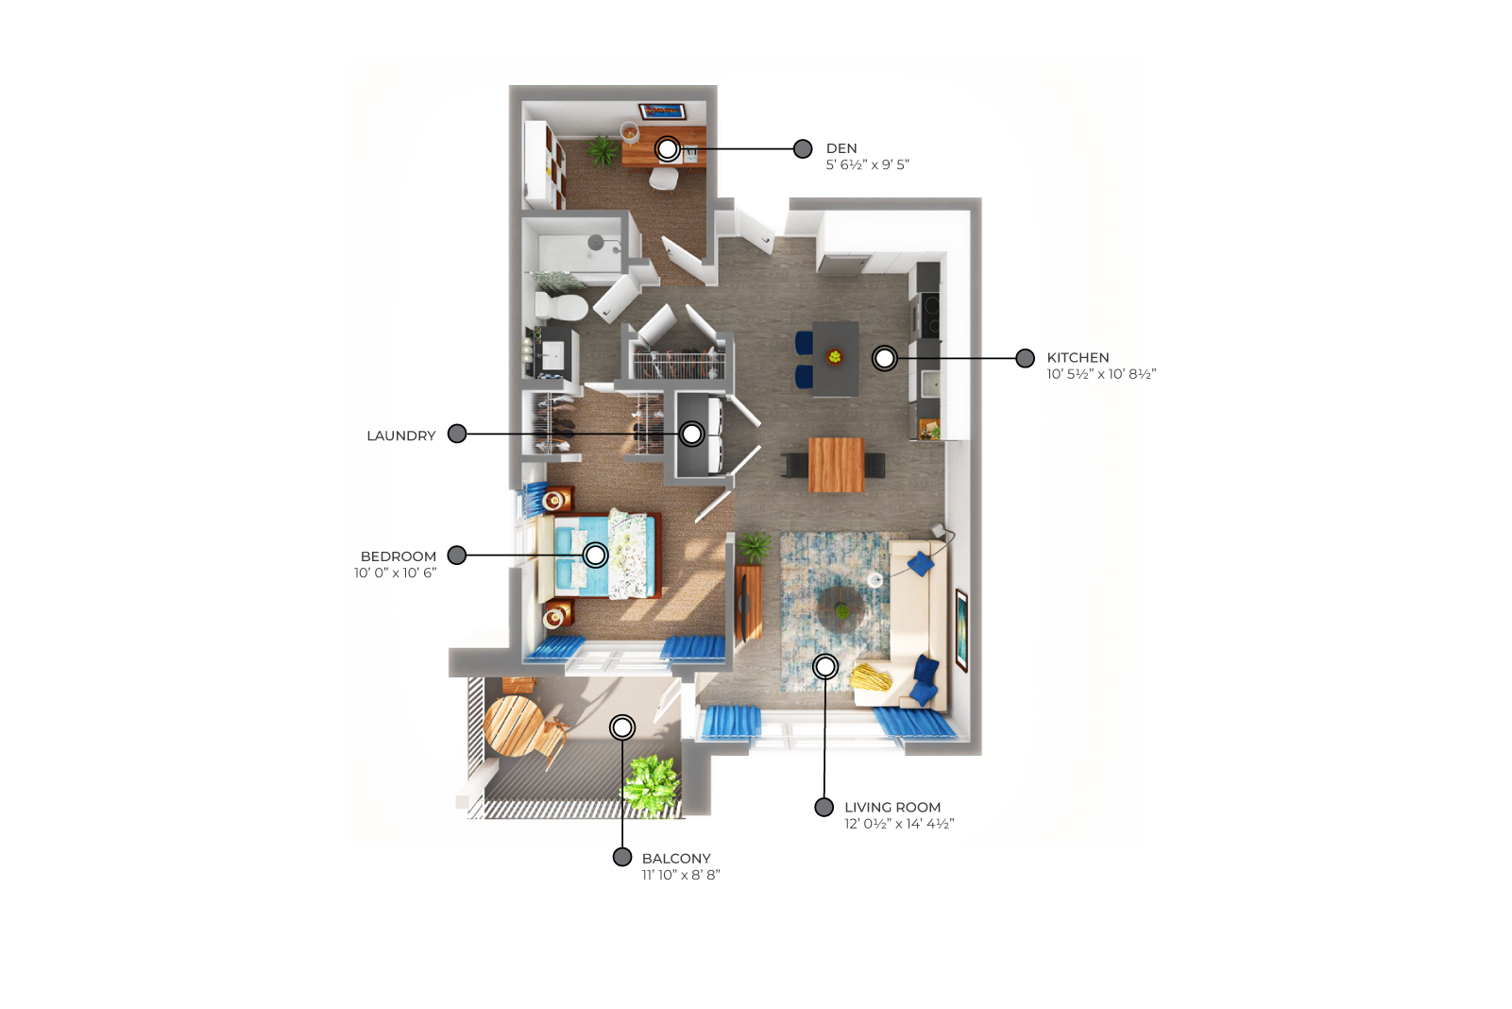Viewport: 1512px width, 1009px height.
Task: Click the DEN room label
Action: [841, 148]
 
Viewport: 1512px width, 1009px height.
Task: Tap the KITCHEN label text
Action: [1078, 357]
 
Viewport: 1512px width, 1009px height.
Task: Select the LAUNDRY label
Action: [401, 436]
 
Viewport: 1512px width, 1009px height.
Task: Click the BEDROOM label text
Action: [399, 556]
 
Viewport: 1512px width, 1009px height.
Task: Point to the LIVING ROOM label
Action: [892, 807]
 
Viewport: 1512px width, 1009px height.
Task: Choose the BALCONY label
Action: [676, 859]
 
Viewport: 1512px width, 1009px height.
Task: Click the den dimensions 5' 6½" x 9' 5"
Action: [867, 164]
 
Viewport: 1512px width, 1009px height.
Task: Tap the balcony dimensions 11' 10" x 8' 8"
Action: [681, 875]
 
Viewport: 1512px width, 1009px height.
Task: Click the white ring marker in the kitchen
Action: [884, 359]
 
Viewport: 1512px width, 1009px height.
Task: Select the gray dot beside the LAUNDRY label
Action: [457, 434]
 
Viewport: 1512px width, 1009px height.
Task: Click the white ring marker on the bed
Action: [595, 556]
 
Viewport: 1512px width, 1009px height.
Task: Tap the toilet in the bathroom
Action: [561, 306]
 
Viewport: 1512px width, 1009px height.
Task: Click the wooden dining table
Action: [836, 465]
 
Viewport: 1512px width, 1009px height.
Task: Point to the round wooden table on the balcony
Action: [513, 726]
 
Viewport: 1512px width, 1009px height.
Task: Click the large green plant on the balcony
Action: [650, 784]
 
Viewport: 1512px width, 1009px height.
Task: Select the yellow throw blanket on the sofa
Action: [870, 677]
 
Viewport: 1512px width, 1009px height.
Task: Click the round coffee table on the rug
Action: [841, 610]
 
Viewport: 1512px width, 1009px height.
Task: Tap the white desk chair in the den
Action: [663, 179]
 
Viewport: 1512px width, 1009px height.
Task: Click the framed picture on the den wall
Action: [662, 111]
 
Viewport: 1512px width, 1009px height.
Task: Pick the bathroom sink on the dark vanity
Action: [552, 355]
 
